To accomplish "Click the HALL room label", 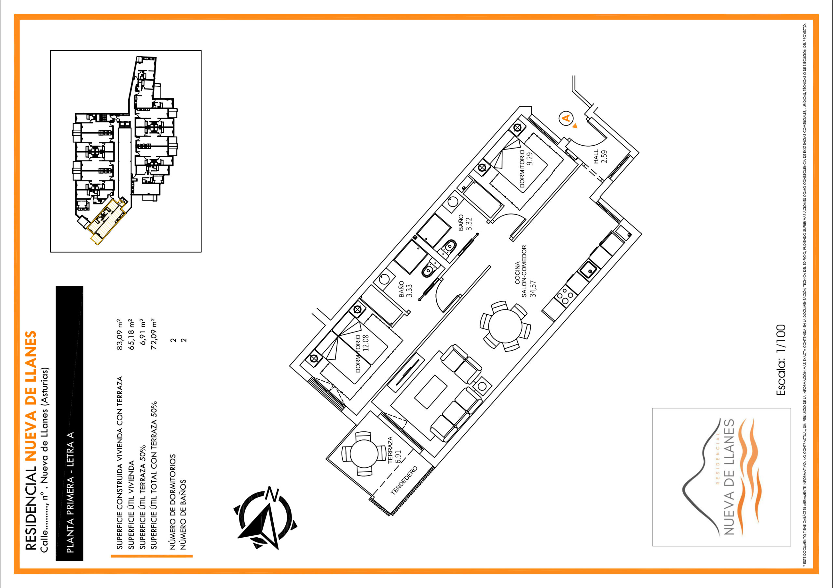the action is point(596,157).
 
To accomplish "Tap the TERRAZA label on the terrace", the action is point(390,451).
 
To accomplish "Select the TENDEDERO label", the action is point(404,480).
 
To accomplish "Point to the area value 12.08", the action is point(365,343).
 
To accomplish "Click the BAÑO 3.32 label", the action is point(465,223).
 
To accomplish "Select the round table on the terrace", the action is point(364,453).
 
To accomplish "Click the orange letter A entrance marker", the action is point(566,118).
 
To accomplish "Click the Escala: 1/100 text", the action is point(781,360).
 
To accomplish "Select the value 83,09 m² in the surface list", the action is point(120,334).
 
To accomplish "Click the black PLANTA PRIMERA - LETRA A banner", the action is point(70,424).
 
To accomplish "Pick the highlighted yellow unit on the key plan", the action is point(108,220).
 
